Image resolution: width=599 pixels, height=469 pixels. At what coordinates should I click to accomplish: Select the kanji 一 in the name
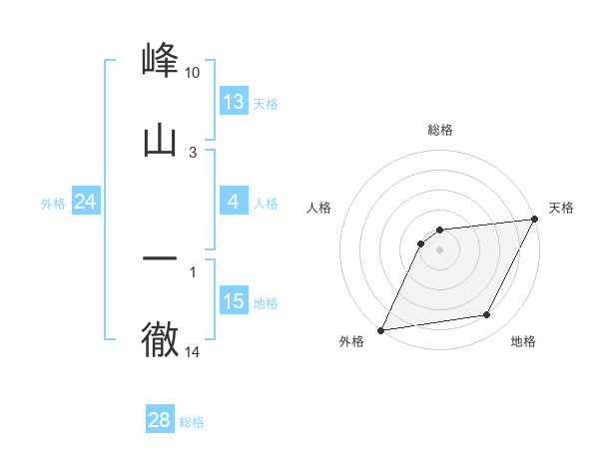tap(160, 258)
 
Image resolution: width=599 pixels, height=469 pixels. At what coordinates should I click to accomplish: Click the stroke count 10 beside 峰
tap(192, 73)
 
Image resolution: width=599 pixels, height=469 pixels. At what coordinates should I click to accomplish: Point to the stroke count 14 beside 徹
tap(192, 351)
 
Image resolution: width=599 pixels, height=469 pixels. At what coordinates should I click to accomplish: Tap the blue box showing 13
tap(234, 102)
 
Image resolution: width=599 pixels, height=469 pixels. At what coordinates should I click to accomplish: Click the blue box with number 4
tap(234, 202)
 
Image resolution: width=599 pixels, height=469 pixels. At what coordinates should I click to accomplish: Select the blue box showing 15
tap(234, 301)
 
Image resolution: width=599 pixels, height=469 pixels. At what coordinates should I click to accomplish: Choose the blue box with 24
tap(86, 202)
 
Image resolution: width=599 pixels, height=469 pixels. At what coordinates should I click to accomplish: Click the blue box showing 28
tap(160, 420)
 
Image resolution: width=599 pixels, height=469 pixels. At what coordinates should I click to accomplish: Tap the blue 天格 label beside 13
tap(266, 103)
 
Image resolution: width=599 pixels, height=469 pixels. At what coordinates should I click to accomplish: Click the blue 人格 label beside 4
tap(266, 203)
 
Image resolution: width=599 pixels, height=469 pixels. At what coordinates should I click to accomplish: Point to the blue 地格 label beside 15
tap(266, 302)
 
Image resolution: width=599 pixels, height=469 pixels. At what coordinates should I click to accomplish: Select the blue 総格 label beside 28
tap(192, 421)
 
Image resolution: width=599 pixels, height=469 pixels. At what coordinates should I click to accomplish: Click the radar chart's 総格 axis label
tap(440, 130)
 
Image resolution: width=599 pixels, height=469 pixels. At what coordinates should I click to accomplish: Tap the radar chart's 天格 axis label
tap(561, 208)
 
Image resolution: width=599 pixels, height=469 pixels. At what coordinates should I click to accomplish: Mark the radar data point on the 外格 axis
tap(380, 329)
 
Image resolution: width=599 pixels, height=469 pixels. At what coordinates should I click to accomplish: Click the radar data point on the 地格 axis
tap(487, 315)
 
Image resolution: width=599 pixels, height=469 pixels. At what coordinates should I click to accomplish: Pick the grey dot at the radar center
tap(439, 249)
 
